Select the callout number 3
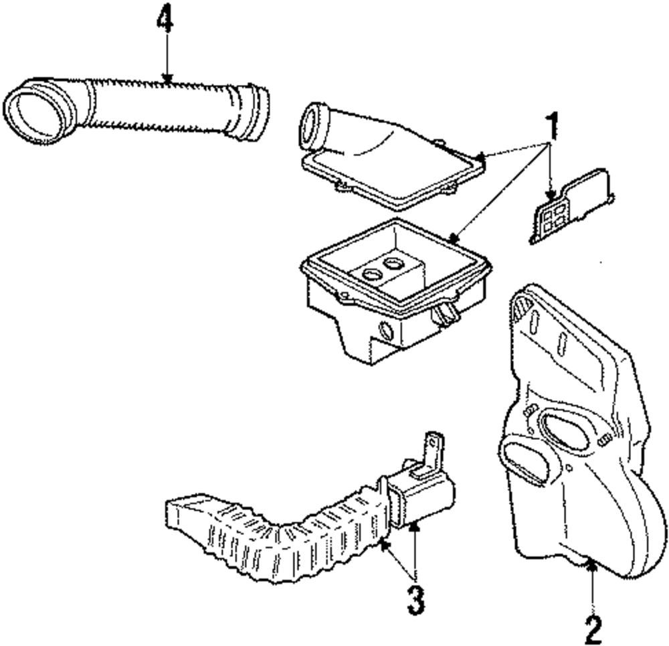[416, 600]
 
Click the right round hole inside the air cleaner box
[394, 262]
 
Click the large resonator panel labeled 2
[582, 435]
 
